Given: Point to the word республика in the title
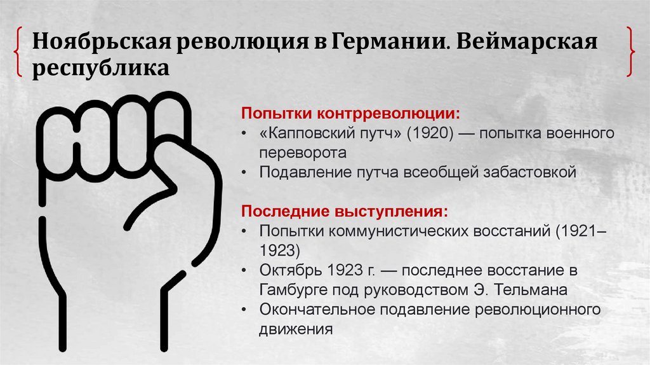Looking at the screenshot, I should [102, 67].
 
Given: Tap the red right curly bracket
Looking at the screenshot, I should [630, 52].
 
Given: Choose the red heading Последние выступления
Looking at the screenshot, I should [343, 210].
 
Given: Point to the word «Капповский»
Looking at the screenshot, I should [321, 135].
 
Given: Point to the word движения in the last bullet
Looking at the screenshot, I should [296, 329].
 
